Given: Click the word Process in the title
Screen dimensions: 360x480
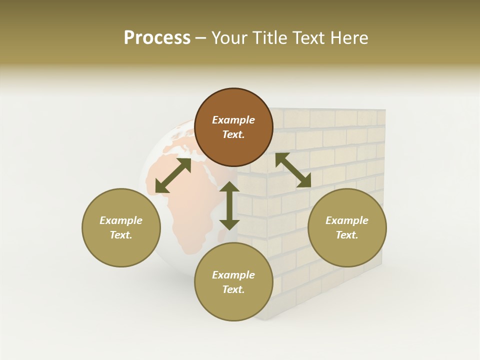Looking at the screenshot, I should (x=157, y=38).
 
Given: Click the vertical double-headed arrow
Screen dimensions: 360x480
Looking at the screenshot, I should (x=229, y=205).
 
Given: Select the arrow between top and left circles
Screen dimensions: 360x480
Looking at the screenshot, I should (x=173, y=175).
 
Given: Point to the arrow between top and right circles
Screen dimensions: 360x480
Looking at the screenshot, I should (x=293, y=170).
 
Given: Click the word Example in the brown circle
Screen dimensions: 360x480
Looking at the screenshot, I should (x=233, y=120).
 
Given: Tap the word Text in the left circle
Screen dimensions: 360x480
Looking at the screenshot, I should (x=121, y=235).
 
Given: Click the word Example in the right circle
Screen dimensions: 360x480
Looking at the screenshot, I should (x=347, y=220).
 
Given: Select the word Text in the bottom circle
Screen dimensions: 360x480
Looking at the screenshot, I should (x=233, y=289).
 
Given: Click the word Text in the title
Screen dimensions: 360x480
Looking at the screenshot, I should (x=310, y=38).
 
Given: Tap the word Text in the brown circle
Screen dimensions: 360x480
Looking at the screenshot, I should (x=233, y=134).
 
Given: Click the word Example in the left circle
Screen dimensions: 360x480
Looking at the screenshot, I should (x=121, y=220).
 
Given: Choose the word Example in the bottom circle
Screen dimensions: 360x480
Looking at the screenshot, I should (x=233, y=275).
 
